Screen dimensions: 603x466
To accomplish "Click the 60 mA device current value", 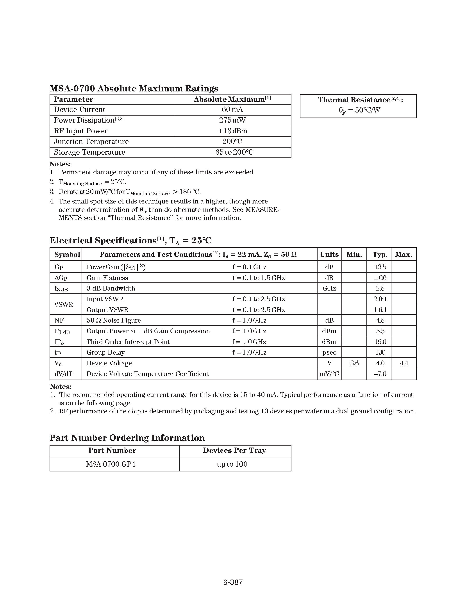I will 232,110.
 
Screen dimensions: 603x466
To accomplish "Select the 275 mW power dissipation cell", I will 232,120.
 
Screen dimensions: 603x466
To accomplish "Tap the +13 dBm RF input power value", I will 232,131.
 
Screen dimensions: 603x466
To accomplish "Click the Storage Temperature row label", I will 89,152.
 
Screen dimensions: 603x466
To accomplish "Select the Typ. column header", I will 380,255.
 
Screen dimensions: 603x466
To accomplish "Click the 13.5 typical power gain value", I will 380,267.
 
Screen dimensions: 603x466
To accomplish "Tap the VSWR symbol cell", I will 64,305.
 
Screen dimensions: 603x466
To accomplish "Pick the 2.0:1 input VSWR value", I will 380,299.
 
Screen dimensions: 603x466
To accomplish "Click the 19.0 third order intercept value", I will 380,342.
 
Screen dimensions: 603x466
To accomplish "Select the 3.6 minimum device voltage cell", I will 354,363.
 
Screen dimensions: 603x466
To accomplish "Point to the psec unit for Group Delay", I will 329,353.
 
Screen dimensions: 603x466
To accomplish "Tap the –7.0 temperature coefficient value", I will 380,374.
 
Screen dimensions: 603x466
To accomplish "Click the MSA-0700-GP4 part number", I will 111,464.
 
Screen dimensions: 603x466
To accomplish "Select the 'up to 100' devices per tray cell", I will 232,464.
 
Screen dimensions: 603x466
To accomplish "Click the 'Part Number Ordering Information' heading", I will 127,438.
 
